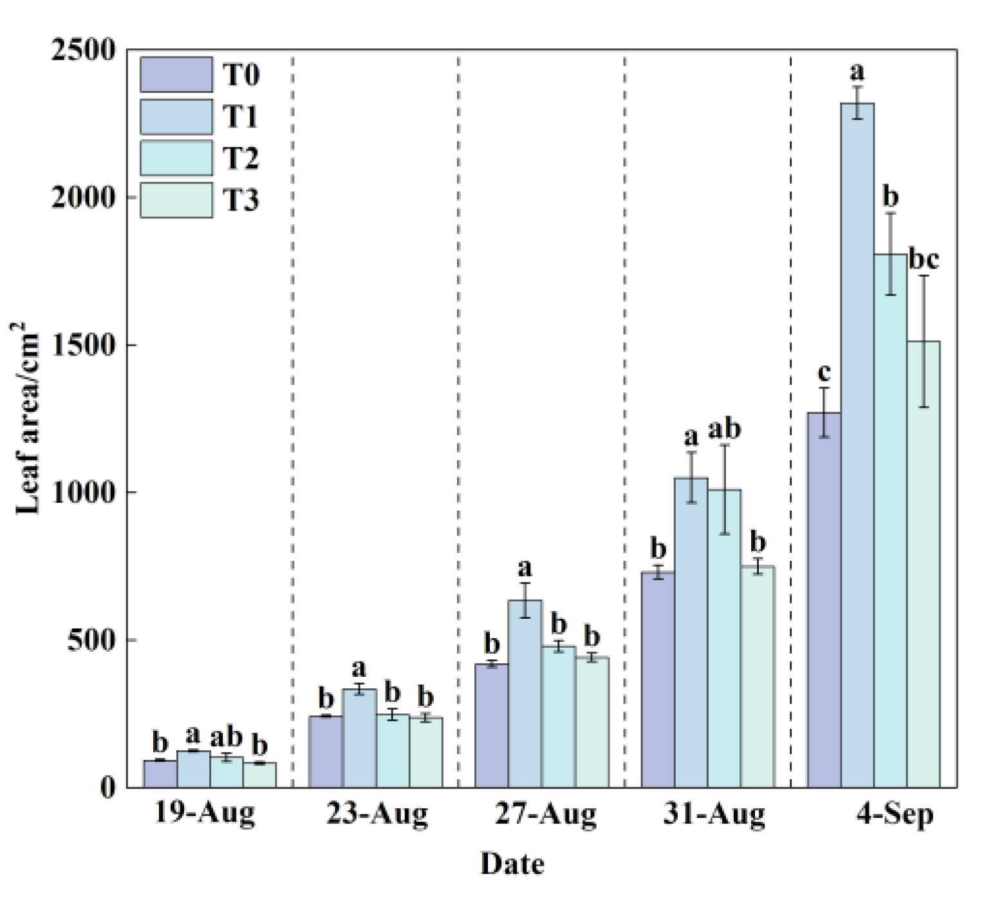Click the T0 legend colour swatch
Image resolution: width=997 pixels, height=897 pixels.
pyautogui.click(x=176, y=75)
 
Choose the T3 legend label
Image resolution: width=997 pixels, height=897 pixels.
pyautogui.click(x=241, y=200)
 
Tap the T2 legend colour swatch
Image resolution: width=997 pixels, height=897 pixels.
pyautogui.click(x=176, y=158)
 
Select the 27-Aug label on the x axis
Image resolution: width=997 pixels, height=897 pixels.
pyautogui.click(x=546, y=815)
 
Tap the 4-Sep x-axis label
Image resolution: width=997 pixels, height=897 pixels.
pyautogui.click(x=895, y=815)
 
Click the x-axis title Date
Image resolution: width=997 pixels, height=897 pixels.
pyautogui.click(x=512, y=864)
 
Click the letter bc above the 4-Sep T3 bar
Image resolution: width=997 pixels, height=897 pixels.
pyautogui.click(x=924, y=258)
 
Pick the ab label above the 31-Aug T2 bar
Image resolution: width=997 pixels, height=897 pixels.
pyautogui.click(x=724, y=428)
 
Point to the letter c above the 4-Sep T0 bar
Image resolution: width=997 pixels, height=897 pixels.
pyautogui.click(x=824, y=372)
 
